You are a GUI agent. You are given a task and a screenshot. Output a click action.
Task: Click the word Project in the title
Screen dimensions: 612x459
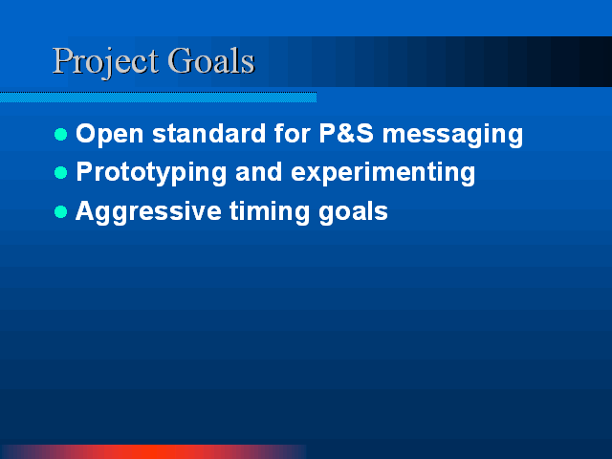[105, 62]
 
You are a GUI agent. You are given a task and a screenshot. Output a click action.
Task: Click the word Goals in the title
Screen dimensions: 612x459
[211, 60]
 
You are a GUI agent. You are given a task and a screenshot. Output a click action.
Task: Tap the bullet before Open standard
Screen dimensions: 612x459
[61, 134]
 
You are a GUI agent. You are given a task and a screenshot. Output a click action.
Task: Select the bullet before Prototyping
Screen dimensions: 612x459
[61, 172]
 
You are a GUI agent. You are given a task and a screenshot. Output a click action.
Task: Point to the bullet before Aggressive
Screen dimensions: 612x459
[61, 212]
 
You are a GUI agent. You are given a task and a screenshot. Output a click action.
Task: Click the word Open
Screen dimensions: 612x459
[110, 135]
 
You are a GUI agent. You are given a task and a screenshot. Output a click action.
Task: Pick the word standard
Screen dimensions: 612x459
[208, 134]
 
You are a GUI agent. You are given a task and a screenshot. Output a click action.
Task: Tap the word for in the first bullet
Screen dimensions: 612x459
[293, 133]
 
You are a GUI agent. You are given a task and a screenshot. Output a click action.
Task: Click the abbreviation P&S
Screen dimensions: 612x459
[346, 133]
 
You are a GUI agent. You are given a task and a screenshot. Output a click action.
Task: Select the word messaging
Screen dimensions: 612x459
[452, 136]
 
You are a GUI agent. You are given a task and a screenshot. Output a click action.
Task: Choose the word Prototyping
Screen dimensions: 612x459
[151, 173]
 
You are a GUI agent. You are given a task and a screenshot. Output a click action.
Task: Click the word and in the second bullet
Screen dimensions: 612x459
[258, 172]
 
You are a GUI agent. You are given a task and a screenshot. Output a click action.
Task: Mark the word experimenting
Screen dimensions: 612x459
[382, 173]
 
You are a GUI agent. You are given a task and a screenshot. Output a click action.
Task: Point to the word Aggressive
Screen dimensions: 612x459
[149, 212]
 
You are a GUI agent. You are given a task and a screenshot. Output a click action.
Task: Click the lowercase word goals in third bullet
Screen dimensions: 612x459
[353, 212]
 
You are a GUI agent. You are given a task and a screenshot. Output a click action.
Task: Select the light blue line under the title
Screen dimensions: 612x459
[158, 98]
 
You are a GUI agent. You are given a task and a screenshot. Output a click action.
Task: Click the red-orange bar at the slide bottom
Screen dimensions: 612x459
[154, 452]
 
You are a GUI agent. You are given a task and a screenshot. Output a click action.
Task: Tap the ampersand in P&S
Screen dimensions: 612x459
[346, 133]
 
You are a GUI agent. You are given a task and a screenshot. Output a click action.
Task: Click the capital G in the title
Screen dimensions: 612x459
[181, 60]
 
